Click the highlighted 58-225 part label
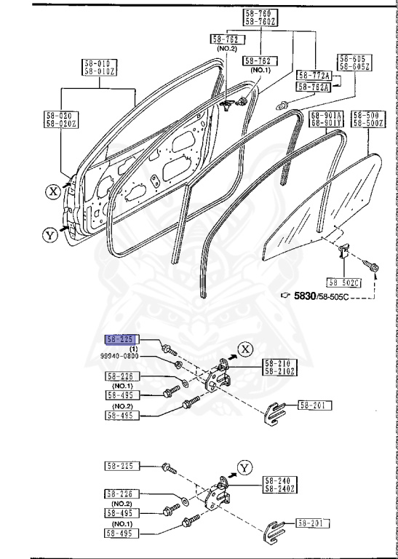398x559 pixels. point(121,339)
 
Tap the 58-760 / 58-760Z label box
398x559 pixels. point(258,17)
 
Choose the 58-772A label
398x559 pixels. point(314,75)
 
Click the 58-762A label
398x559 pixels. point(314,87)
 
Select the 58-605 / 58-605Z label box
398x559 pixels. point(354,63)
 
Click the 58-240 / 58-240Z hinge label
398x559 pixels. point(279,484)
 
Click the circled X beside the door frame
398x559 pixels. point(52,191)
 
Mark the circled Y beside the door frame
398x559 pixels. point(49,234)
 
